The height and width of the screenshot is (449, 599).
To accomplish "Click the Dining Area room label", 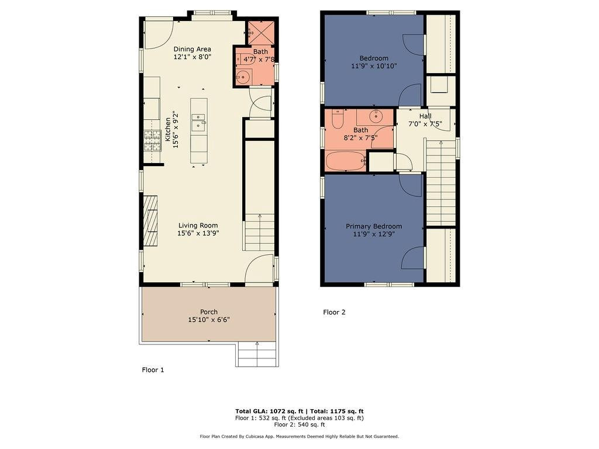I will click(x=192, y=49).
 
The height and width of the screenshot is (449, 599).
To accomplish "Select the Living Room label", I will click(x=198, y=225).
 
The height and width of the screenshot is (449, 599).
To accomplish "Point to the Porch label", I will click(x=209, y=312).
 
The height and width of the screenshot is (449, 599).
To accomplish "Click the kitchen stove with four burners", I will click(x=152, y=140).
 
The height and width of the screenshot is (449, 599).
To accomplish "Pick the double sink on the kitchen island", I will click(x=199, y=122).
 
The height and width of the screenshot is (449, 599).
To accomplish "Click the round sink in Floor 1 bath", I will click(x=243, y=77).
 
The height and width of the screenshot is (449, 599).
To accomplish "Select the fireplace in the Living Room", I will click(x=150, y=221).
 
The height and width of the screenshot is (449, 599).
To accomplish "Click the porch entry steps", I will click(x=256, y=354).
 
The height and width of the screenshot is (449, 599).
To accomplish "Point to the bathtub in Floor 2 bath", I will click(x=345, y=161).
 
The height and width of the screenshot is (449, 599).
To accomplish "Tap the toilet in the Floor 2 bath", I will click(x=338, y=119).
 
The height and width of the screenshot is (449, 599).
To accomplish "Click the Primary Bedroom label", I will click(x=374, y=226).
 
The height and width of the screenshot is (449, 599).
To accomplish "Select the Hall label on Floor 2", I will click(x=425, y=116).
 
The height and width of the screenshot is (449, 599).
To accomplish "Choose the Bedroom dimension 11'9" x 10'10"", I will click(x=374, y=66).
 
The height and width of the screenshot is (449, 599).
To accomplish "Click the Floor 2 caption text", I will click(x=334, y=312).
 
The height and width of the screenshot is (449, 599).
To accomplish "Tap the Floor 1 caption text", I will click(x=153, y=369).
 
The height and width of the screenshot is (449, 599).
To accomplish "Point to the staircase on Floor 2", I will click(x=440, y=181).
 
